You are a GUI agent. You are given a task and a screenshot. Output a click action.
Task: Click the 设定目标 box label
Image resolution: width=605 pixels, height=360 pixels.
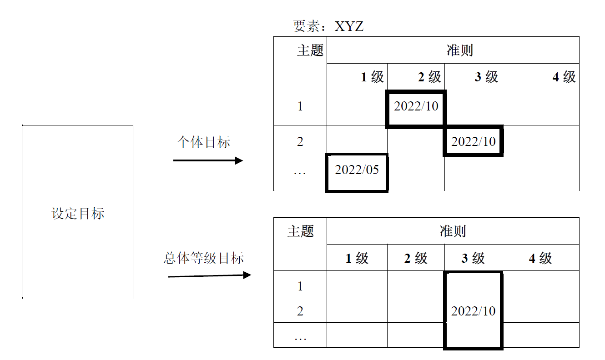point(78,213)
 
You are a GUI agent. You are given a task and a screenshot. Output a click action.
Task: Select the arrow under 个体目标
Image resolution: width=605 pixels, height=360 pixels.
point(208,160)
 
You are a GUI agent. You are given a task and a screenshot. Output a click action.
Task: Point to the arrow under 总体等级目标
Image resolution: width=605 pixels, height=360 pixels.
point(209,275)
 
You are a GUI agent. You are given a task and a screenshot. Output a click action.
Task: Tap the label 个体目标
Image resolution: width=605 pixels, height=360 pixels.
point(203,142)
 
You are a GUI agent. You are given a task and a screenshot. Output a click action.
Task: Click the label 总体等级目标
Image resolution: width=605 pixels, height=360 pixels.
point(204,258)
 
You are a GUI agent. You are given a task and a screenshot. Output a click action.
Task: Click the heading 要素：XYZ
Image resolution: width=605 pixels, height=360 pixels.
point(328,26)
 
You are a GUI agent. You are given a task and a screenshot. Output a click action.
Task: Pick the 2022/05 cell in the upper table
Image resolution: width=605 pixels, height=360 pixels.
point(357,170)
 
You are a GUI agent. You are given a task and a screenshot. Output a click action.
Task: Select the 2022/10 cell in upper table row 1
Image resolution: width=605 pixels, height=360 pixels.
point(416,106)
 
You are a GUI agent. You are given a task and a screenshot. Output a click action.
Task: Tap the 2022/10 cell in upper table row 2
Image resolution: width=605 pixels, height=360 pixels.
point(473,141)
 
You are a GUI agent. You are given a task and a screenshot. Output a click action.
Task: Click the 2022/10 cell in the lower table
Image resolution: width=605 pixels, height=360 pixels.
point(473,311)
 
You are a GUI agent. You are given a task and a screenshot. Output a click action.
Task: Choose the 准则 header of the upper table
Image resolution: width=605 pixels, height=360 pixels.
point(459,50)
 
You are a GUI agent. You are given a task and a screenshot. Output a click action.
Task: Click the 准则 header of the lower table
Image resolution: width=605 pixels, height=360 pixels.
point(453,231)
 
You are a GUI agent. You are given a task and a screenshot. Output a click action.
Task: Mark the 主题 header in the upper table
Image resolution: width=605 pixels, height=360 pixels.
point(310,50)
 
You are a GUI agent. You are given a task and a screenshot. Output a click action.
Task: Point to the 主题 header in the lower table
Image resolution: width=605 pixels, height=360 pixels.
point(300,231)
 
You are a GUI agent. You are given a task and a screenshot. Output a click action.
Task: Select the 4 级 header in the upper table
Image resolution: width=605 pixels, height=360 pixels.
point(564,77)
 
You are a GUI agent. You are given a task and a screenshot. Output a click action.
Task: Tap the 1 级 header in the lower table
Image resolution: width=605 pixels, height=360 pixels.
point(357,258)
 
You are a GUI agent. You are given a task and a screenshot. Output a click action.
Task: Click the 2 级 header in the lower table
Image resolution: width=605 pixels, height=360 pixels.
point(416,258)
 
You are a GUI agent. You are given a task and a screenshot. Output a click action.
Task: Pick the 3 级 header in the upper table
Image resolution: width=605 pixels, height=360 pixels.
point(486,77)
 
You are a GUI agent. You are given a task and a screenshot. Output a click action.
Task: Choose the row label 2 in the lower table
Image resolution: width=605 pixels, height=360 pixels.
point(300,311)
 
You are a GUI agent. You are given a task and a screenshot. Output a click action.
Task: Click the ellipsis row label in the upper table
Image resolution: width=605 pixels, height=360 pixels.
point(300,172)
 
